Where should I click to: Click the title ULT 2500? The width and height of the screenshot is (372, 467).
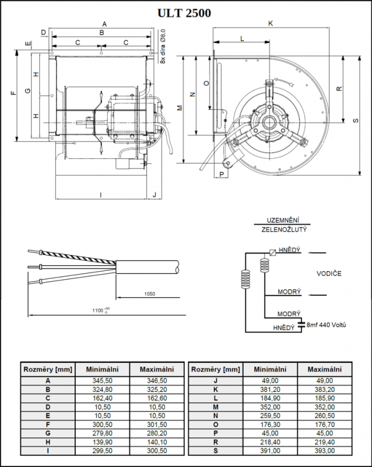(185, 13)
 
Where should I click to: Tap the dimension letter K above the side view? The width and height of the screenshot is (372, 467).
(271, 24)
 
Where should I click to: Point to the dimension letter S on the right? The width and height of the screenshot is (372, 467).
(356, 120)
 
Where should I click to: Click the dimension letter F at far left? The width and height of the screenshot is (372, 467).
(13, 93)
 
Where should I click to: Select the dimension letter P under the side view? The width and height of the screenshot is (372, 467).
(222, 174)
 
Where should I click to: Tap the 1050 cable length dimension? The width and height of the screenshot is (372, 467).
(149, 294)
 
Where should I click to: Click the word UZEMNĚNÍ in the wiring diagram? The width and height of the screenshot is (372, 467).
(283, 220)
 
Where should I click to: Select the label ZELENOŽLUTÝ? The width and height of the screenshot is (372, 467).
(284, 230)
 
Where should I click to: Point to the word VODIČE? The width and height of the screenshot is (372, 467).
(328, 274)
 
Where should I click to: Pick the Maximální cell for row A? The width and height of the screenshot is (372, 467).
(157, 380)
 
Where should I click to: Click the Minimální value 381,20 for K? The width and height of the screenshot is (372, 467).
(270, 390)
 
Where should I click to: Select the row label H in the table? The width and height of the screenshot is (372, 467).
(47, 442)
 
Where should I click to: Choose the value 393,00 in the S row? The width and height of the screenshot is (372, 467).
(325, 451)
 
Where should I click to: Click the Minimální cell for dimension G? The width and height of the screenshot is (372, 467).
(102, 433)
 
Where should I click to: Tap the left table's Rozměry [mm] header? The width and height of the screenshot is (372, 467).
(47, 369)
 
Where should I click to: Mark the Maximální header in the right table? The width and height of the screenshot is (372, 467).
(325, 369)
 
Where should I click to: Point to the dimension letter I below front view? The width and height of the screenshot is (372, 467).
(101, 194)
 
